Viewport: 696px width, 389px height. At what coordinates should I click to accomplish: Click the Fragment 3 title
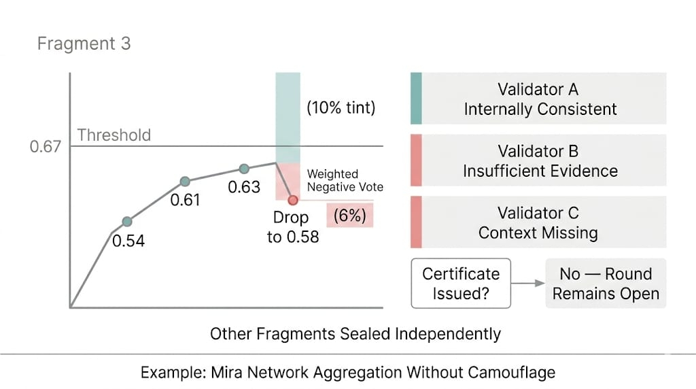click(x=84, y=44)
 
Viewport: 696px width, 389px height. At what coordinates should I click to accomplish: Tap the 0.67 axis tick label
click(x=45, y=146)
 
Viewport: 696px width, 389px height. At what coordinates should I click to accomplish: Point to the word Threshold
click(x=114, y=135)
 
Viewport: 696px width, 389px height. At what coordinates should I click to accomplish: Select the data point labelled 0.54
click(x=127, y=222)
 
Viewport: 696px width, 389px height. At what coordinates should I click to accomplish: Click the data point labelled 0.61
click(x=185, y=181)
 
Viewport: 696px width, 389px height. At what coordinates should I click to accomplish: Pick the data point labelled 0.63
click(x=244, y=169)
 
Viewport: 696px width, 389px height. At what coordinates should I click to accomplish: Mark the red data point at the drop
click(x=292, y=200)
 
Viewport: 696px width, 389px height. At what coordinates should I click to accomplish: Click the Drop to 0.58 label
click(x=292, y=227)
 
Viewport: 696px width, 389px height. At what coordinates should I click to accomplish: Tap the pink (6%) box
click(x=350, y=216)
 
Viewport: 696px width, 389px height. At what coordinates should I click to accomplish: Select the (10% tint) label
click(x=341, y=107)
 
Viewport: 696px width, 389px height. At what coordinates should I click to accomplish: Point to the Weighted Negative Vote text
click(x=345, y=180)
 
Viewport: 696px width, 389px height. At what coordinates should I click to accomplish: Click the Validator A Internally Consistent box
click(x=538, y=98)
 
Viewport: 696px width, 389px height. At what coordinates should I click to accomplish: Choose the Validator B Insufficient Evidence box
click(x=538, y=160)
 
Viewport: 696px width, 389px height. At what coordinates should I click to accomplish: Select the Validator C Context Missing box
click(x=538, y=222)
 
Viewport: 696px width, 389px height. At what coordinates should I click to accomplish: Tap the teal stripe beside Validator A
click(x=416, y=98)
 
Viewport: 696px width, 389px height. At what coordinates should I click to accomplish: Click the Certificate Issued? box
click(x=461, y=284)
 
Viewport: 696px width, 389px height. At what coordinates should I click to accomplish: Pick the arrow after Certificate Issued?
click(x=527, y=284)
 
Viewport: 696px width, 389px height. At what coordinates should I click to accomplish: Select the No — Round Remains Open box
click(x=606, y=284)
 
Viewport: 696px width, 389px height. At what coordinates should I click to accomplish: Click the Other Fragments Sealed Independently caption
click(x=355, y=334)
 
